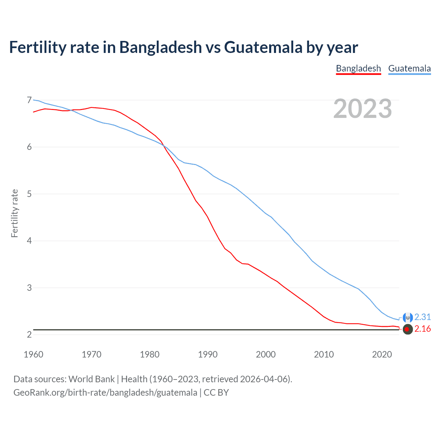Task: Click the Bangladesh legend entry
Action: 358,68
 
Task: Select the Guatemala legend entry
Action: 409,68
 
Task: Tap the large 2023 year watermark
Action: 363,109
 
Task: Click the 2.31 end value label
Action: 422,317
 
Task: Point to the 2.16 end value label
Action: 422,329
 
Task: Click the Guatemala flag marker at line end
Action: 408,318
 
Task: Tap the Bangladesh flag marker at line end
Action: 407,329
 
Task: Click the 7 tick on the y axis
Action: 29,100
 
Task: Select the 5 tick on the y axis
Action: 29,194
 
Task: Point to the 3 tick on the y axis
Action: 29,288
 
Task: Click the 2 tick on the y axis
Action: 29,334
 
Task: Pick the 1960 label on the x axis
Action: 33,354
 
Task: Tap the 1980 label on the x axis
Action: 150,354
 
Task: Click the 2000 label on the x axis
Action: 266,354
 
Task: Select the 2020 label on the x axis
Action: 382,354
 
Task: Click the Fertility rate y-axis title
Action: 14,213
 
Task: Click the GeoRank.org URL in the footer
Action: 105,393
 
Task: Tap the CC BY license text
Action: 216,393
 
